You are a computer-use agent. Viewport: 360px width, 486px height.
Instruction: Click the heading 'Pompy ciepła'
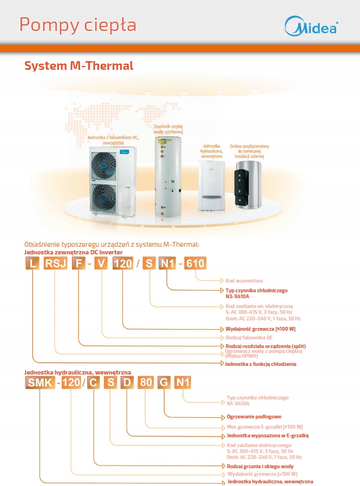(x=77, y=25)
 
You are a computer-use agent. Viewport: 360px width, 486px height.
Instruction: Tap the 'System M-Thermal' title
(x=78, y=66)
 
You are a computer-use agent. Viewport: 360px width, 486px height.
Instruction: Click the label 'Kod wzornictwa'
(x=243, y=280)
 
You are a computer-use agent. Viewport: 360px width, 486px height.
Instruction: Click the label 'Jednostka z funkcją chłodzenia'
(x=261, y=364)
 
